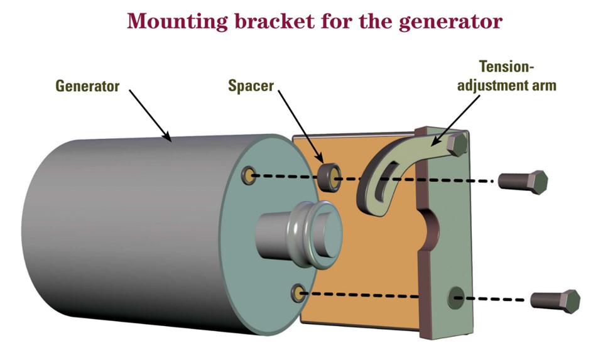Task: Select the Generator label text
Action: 87,86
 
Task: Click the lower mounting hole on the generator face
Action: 298,292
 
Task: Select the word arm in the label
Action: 544,85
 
